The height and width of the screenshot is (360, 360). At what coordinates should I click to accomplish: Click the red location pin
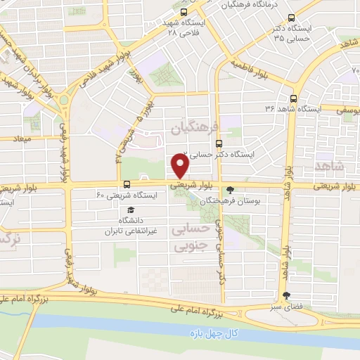click(x=180, y=167)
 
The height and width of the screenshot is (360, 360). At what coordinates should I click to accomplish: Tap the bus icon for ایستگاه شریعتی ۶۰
click(x=107, y=184)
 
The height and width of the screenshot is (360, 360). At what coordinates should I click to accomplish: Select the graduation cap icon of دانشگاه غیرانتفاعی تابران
click(x=129, y=210)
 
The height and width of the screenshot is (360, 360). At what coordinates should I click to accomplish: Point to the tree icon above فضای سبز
click(x=285, y=296)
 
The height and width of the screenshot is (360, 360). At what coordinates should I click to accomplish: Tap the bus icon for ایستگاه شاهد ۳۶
click(x=294, y=99)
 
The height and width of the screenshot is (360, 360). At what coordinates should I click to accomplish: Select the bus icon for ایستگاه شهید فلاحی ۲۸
click(x=184, y=13)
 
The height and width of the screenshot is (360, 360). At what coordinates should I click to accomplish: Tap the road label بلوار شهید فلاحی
click(x=91, y=77)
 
